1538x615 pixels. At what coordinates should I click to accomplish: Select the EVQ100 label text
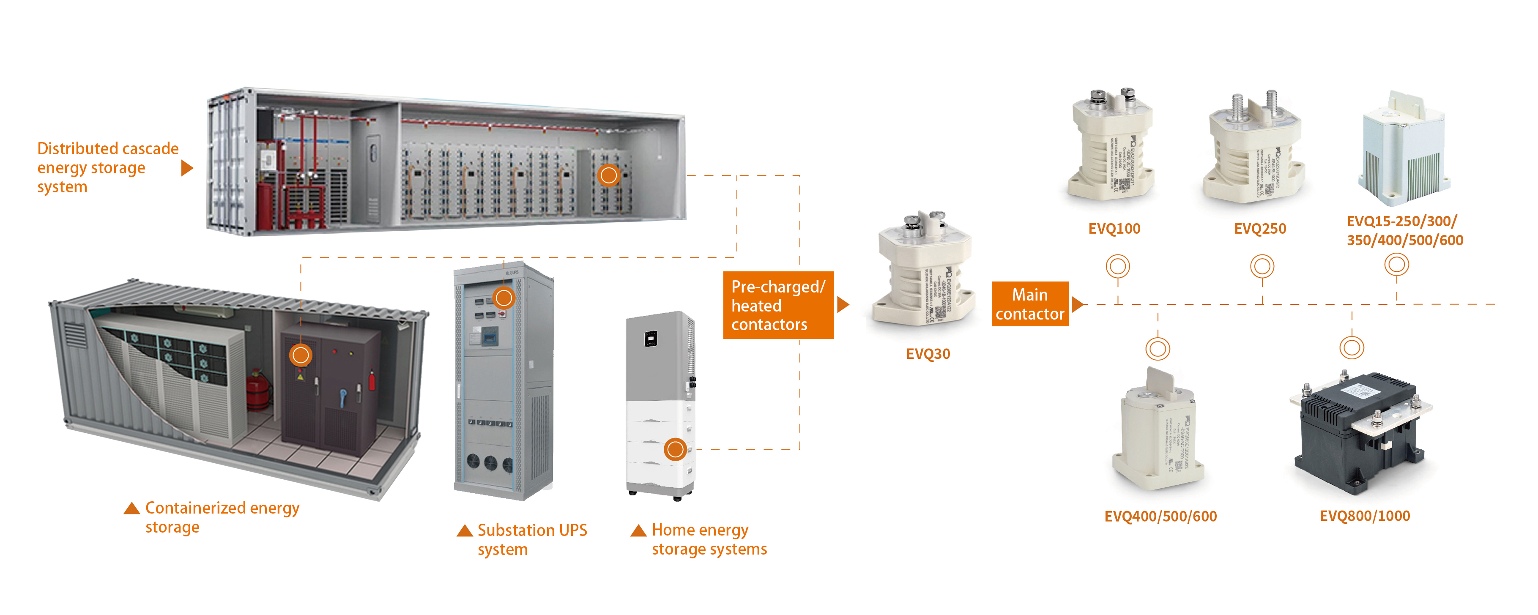click(x=1114, y=229)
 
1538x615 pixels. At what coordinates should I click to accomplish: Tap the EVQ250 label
click(x=1260, y=229)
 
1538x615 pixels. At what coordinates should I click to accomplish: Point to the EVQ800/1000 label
click(x=1364, y=516)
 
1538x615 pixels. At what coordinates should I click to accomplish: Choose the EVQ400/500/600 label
click(x=1160, y=517)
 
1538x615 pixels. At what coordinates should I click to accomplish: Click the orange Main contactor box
click(x=1030, y=304)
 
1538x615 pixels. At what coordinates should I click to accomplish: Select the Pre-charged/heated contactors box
click(x=778, y=305)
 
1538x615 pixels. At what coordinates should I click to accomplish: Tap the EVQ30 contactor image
click(x=924, y=269)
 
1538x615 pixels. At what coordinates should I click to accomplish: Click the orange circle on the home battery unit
click(x=675, y=449)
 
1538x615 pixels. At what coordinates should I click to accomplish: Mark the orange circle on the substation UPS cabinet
click(x=504, y=297)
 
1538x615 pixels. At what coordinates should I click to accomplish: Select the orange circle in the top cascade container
click(x=608, y=175)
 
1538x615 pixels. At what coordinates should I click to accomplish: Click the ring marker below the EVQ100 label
click(x=1118, y=266)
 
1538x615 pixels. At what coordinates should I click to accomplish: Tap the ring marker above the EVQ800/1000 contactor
click(x=1352, y=347)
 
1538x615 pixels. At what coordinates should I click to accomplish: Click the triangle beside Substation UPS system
click(x=465, y=531)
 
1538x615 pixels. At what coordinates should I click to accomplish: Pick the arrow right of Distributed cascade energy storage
click(x=187, y=168)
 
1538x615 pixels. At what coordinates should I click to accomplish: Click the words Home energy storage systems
click(x=709, y=539)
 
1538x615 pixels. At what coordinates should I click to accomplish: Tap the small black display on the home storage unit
click(x=651, y=339)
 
